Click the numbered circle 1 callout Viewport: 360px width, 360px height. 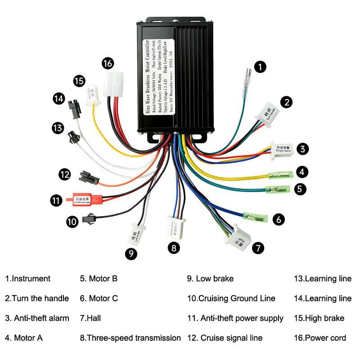pyautogui.click(x=260, y=67)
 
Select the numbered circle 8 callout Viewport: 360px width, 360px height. pyautogui.click(x=174, y=247)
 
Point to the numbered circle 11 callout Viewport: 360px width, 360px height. pyautogui.click(x=55, y=201)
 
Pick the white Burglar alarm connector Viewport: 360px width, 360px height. pyautogui.click(x=283, y=149)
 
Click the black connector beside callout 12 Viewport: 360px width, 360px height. pyautogui.click(x=89, y=176)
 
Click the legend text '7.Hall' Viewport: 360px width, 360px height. pyautogui.click(x=90, y=318)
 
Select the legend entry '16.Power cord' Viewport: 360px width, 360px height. pyautogui.click(x=320, y=337)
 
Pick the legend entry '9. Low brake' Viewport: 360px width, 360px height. pyautogui.click(x=210, y=279)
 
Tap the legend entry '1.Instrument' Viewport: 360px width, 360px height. pyautogui.click(x=28, y=279)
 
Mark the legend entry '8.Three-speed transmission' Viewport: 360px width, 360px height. pyautogui.click(x=130, y=337)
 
